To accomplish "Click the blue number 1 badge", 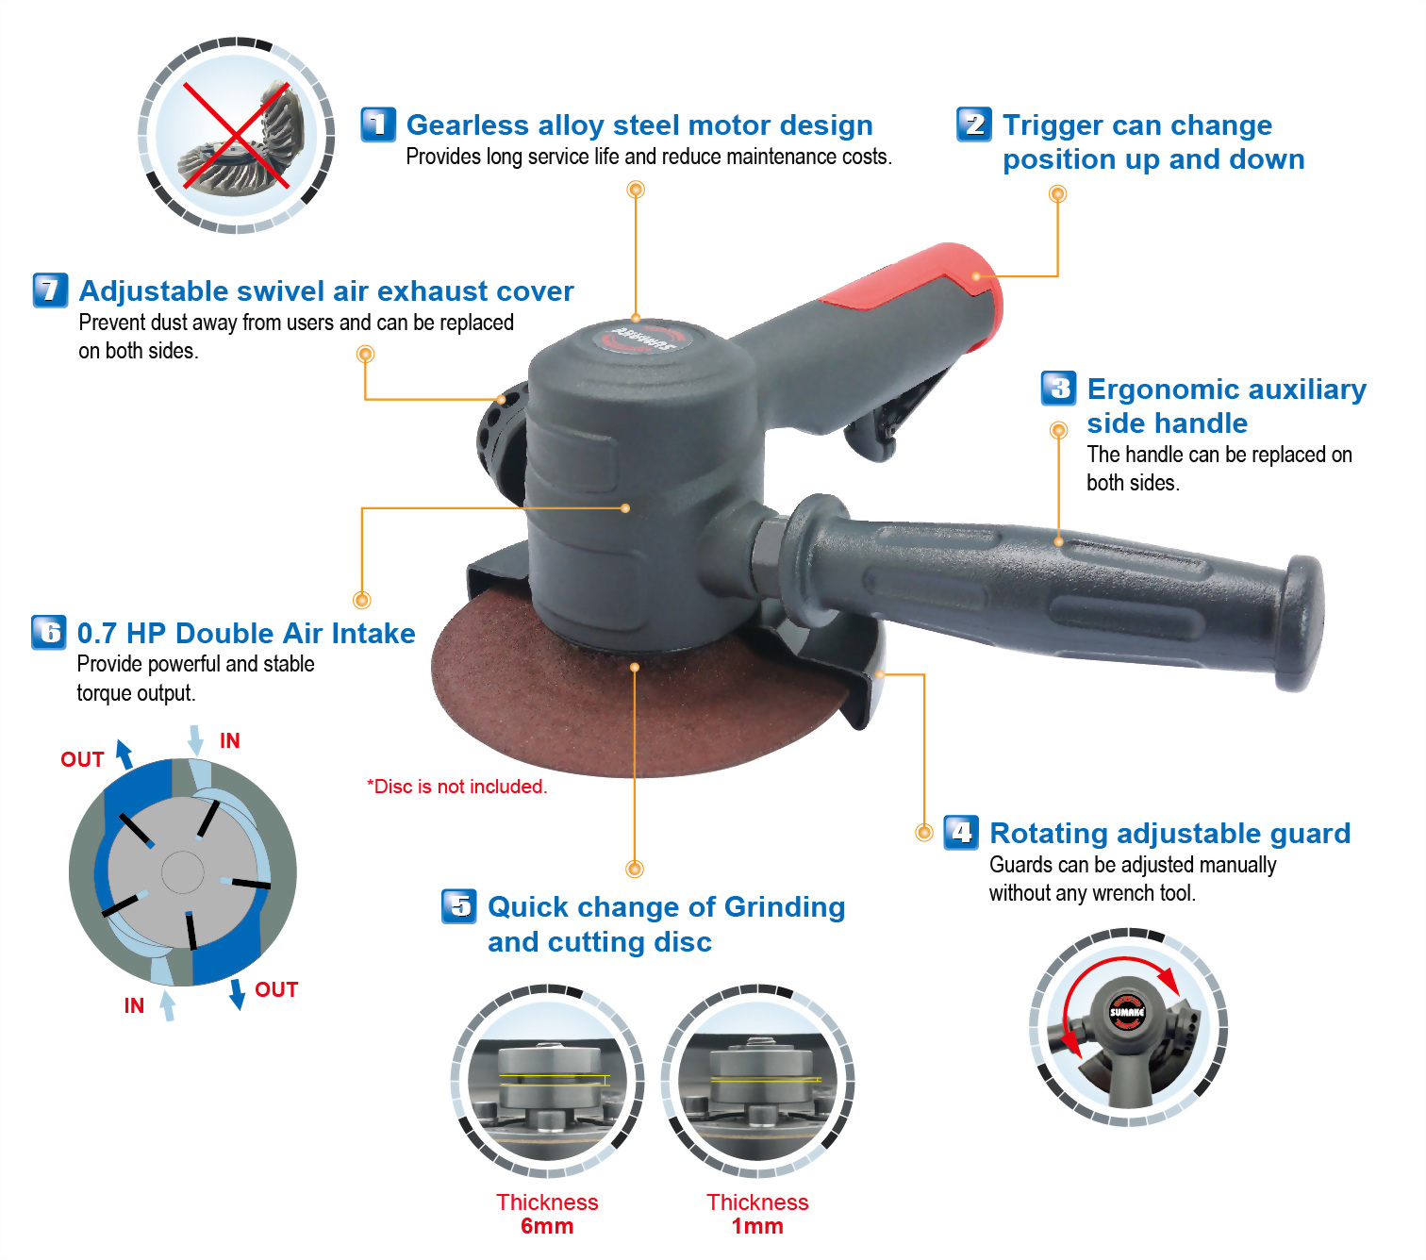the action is pos(378,124).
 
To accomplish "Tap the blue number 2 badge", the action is pos(974,124).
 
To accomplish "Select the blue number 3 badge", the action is pos(1058,388).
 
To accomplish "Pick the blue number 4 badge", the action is pos(961,833).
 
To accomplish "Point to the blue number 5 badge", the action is pos(459,906).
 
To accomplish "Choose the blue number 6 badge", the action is pos(49,632).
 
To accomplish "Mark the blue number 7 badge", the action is pos(51,290).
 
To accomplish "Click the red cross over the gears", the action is pos(237,136).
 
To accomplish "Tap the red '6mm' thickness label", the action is pos(547,1226).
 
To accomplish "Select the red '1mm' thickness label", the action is pos(757,1226).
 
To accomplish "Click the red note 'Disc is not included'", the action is pos(456,787).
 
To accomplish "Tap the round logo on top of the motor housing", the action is pos(641,338).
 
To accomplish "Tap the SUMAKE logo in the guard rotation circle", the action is pos(1127,1012).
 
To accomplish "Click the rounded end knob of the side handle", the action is pos(1300,623).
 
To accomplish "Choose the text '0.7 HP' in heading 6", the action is pos(121,634).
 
